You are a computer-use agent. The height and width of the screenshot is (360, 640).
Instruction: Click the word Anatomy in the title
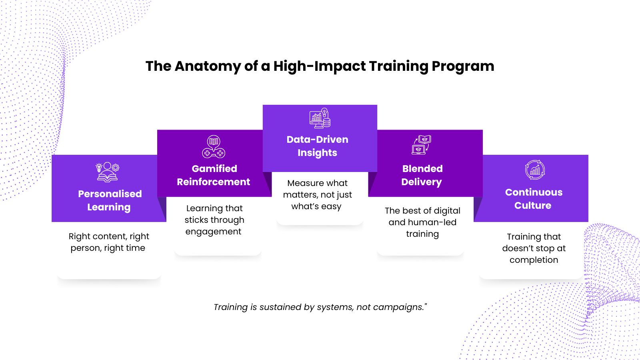208,66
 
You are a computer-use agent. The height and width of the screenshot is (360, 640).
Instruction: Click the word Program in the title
463,66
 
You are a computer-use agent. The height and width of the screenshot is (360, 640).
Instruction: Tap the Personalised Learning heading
110,200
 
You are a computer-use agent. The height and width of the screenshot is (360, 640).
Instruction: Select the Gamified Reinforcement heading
214,175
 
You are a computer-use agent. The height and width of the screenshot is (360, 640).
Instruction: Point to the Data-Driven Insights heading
318,146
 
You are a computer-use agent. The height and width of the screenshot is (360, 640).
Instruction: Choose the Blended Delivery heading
422,175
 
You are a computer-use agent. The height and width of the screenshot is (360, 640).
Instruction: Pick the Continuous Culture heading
534,199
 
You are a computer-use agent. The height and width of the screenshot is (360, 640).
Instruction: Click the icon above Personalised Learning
108,172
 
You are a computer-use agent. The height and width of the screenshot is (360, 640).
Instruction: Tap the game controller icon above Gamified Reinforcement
214,146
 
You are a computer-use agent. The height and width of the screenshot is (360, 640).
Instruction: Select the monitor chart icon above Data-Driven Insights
320,118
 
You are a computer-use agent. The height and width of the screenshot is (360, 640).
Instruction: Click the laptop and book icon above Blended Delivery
422,145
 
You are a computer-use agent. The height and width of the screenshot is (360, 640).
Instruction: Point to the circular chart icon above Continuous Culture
535,170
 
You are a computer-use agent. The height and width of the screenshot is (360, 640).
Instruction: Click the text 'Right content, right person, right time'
108,242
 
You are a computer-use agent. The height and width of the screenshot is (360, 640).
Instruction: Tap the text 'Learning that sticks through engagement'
214,220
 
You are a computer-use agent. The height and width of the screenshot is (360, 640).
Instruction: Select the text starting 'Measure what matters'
317,194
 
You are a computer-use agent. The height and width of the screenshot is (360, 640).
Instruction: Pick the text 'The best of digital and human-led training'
422,222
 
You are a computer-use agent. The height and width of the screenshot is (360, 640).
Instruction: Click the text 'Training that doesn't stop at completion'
534,248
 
